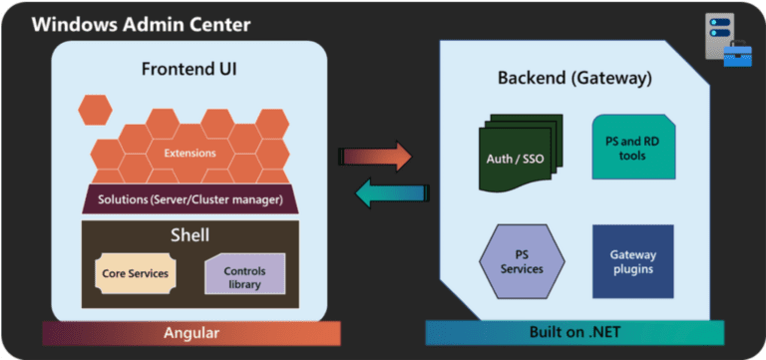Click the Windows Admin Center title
141,24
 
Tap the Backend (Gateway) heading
574,78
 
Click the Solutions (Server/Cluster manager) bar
190,199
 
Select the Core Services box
135,272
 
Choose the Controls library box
244,276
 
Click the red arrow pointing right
375,156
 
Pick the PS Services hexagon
522,262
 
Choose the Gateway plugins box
633,261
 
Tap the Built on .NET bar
574,333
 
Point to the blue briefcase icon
736,56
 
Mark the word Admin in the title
149,24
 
